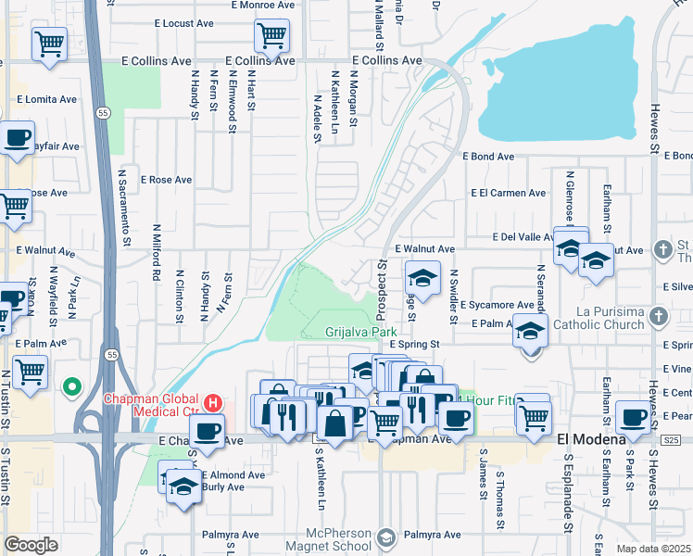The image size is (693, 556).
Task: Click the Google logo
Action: pyautogui.click(x=31, y=545)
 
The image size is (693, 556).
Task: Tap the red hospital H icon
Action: pyautogui.click(x=214, y=403)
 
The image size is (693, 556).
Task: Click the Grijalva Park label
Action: pyautogui.click(x=360, y=331)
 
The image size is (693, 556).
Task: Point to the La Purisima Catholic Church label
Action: pyautogui.click(x=598, y=318)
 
